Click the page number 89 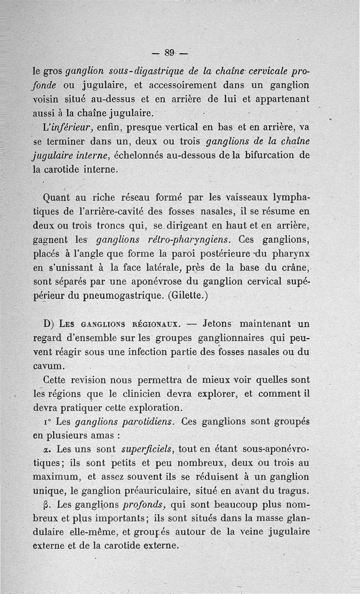pos(169,52)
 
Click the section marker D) pos(49,324)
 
